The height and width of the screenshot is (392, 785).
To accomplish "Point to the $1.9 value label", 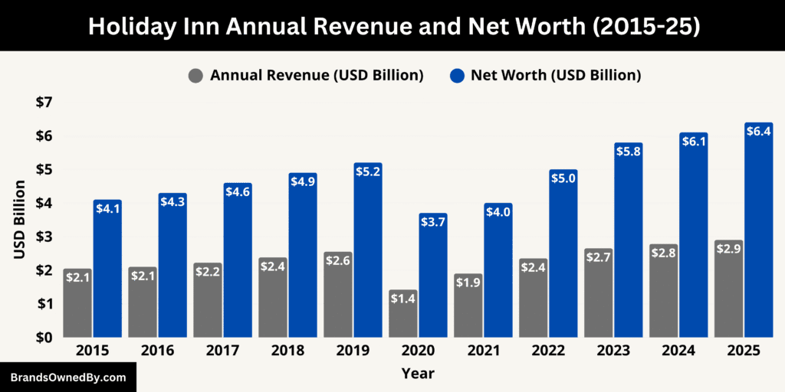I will tap(468, 283).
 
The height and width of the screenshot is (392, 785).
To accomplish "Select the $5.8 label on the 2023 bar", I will tap(629, 152).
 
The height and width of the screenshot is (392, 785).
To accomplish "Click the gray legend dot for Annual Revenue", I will tap(196, 76).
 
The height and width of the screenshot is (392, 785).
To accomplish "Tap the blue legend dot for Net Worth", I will tap(457, 76).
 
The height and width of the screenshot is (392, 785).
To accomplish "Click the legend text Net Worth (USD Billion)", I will tap(556, 75).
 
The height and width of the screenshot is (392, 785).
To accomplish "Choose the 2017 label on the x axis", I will tap(222, 350).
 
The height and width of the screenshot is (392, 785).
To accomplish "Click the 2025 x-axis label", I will tap(743, 350).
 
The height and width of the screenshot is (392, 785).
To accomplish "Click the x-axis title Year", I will tap(417, 374).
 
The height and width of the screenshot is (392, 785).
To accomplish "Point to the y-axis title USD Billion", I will tap(21, 220).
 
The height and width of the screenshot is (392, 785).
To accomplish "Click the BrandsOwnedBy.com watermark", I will tap(67, 377).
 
